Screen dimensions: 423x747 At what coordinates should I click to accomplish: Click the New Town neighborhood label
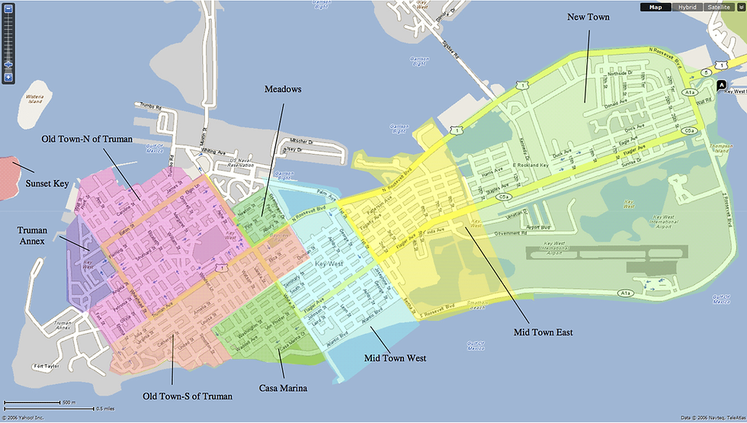[x=588, y=16]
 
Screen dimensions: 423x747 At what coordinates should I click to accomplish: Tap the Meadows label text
[x=283, y=89]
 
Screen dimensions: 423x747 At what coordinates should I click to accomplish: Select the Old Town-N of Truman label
[x=88, y=139]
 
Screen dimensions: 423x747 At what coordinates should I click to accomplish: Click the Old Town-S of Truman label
[x=187, y=396]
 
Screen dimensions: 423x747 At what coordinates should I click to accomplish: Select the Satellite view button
[x=719, y=7]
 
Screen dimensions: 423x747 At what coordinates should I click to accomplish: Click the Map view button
[x=656, y=7]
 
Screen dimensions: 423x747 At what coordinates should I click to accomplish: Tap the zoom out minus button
[x=8, y=8]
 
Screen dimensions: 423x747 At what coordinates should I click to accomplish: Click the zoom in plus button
[x=8, y=77]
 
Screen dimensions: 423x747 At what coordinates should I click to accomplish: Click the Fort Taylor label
[x=46, y=367]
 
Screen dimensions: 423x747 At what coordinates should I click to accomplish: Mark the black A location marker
[x=721, y=83]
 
